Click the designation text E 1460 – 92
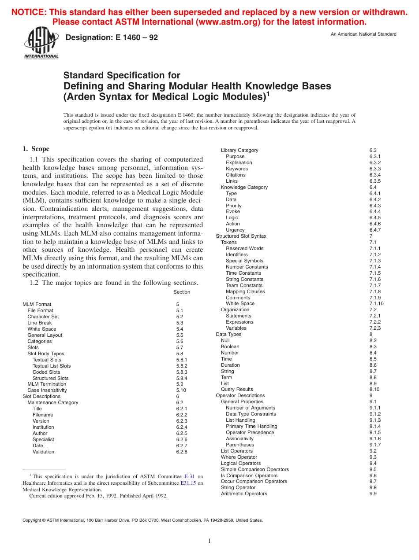[x=112, y=38]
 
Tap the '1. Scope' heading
[x=36, y=149]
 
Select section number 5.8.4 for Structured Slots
[x=182, y=378]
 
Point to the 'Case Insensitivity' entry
[x=47, y=391]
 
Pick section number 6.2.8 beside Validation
[x=182, y=452]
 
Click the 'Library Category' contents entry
[x=239, y=151]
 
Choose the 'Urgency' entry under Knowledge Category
[x=235, y=230]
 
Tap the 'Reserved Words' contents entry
[x=245, y=249]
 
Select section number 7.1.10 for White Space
[x=376, y=304]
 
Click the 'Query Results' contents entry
[x=237, y=390]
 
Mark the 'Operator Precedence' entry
[x=250, y=433]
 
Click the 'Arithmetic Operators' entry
[x=244, y=494]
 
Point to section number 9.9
[x=373, y=494]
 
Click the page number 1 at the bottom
[x=209, y=541]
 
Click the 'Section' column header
[x=182, y=292]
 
